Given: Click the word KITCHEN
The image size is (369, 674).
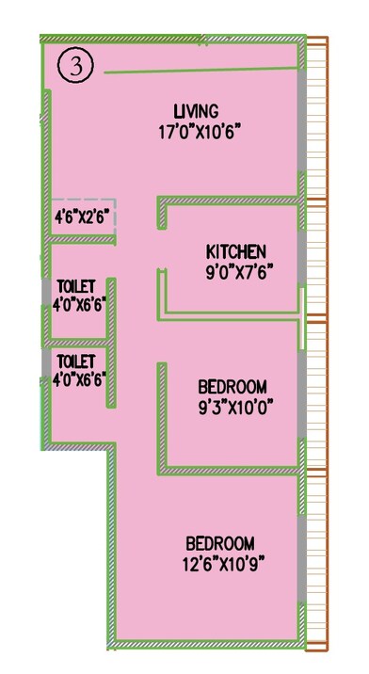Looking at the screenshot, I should [236, 251].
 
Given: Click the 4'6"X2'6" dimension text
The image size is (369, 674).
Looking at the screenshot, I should [83, 216].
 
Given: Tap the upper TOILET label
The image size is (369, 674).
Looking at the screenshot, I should [76, 285].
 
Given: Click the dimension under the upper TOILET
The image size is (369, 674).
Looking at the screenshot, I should [77, 303].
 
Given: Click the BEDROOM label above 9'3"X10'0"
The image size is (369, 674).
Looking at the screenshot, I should [232, 387].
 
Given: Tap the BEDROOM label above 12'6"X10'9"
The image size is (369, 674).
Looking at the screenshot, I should [219, 543].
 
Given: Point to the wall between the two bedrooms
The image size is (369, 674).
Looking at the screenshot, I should [231, 468].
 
